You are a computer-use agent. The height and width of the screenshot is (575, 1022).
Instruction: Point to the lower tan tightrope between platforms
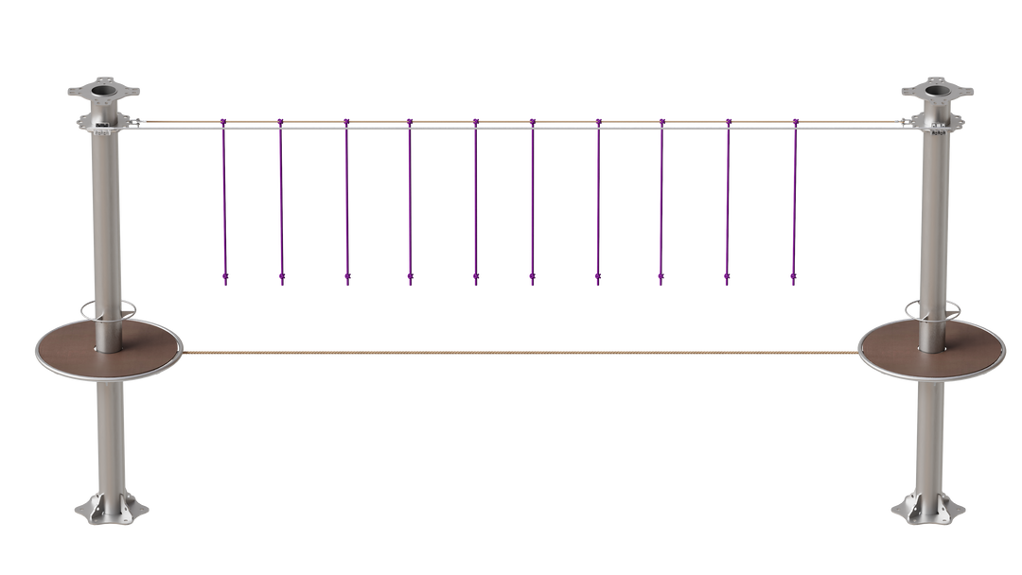click(520, 353)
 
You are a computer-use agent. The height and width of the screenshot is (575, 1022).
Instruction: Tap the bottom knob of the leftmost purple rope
click(224, 279)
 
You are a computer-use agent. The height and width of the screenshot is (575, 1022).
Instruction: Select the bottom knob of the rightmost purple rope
click(793, 279)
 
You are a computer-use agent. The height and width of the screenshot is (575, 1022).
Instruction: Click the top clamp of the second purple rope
click(280, 122)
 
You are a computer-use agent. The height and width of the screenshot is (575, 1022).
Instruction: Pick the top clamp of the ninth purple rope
click(728, 122)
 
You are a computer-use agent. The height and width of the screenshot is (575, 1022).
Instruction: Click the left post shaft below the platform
click(110, 435)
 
